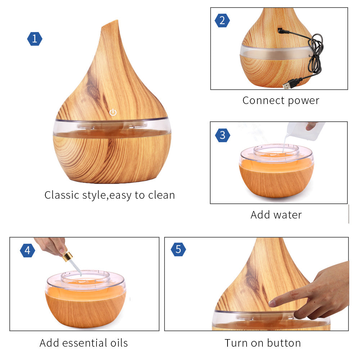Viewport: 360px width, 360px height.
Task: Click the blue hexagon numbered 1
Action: click(35, 39)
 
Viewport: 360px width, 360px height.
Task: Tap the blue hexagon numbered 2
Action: click(222, 21)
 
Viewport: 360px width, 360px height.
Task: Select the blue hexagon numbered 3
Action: click(222, 135)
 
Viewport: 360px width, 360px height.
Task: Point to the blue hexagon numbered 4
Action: click(28, 250)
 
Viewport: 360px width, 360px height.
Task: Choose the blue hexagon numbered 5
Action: click(179, 249)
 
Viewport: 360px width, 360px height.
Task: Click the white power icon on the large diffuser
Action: click(113, 112)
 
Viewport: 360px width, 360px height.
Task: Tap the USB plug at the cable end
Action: click(289, 85)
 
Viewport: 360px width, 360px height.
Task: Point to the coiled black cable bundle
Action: click(316, 53)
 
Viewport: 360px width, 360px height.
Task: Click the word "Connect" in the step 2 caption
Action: click(264, 100)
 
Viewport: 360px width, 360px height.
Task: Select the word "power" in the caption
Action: click(303, 101)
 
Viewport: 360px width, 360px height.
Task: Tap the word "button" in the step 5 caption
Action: click(284, 343)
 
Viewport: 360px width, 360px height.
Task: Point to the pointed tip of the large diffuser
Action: click(118, 21)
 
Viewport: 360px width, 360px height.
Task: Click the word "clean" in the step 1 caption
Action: click(161, 195)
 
